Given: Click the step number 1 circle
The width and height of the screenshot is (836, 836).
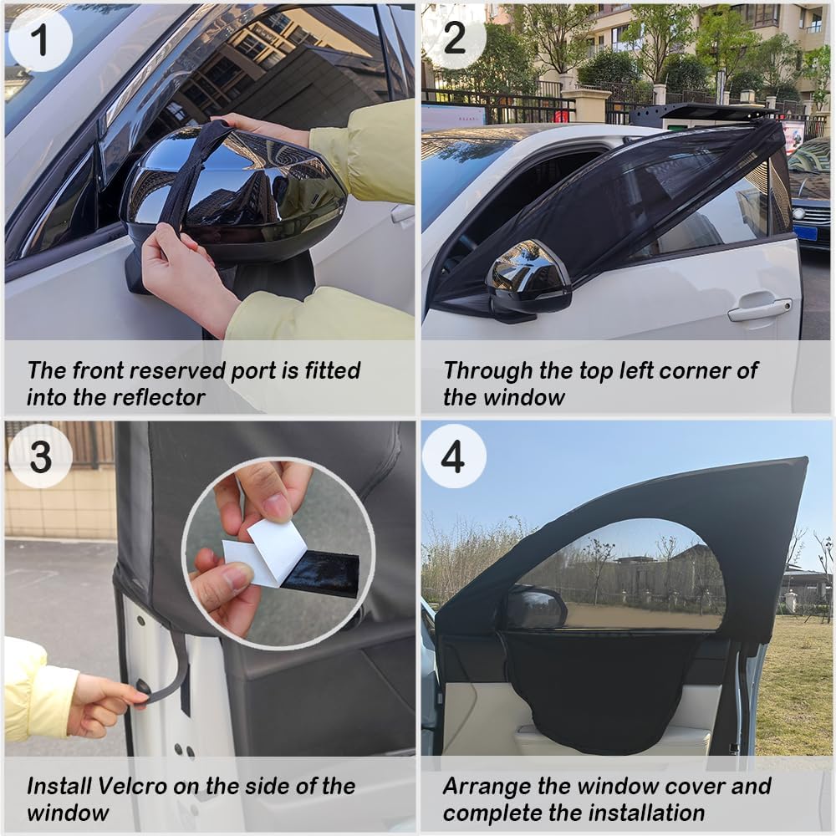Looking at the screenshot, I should click(39, 38).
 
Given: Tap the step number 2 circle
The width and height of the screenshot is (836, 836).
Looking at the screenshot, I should click(454, 38).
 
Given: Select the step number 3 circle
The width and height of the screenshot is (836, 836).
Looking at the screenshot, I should click(39, 456).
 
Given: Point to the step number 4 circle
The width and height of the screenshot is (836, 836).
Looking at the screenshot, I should click(454, 456).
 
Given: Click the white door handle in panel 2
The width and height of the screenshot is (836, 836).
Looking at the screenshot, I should click(758, 308).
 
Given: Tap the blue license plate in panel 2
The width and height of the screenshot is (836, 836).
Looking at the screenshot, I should click(805, 231).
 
